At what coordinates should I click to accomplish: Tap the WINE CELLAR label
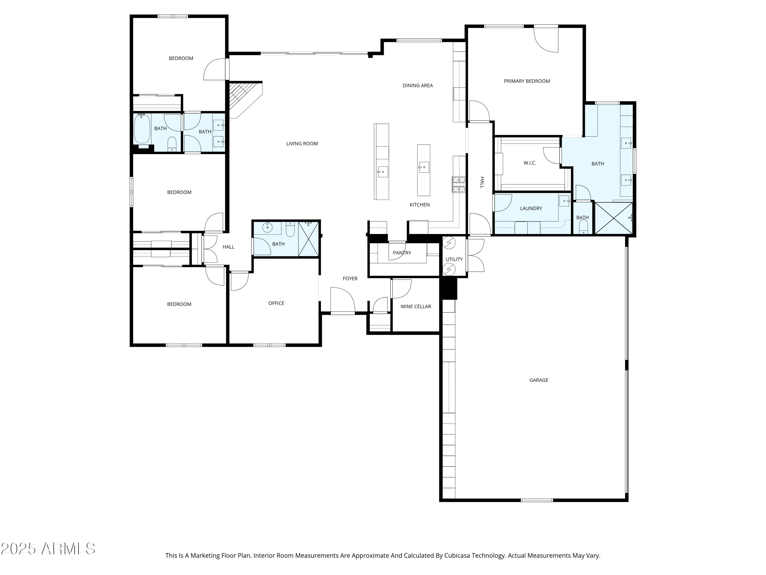415,306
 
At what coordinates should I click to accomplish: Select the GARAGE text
538,380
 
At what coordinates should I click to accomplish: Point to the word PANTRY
402,253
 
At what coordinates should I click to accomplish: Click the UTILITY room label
454,259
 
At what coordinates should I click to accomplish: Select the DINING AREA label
417,85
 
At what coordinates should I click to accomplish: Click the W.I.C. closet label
530,163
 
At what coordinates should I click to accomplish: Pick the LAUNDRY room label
531,208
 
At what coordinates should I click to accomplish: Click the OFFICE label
276,303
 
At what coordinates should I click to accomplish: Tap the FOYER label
350,278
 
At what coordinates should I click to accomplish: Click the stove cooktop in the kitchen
459,185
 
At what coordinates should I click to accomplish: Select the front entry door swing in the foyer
342,301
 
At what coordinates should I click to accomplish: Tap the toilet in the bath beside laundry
583,227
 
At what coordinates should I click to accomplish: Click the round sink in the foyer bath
267,228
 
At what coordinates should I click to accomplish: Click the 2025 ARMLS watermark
48,549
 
